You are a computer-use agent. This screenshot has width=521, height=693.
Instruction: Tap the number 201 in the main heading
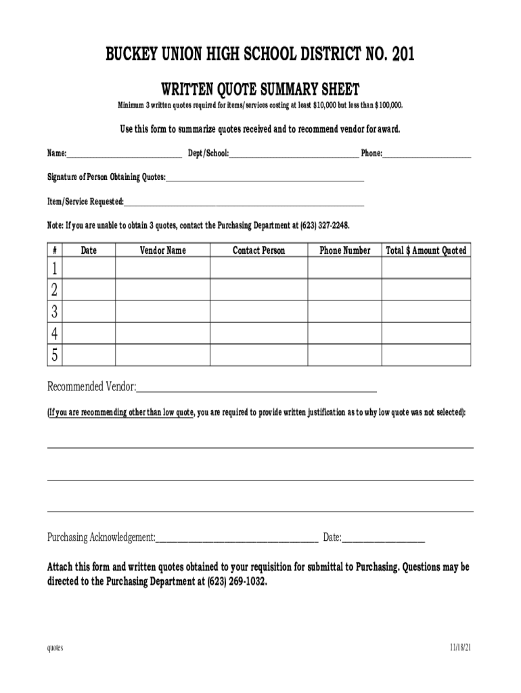tap(398, 55)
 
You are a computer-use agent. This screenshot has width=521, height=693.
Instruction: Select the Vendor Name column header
tap(162, 251)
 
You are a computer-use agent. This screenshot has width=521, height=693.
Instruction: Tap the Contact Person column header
tap(258, 251)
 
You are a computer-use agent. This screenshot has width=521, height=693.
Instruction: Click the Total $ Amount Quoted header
tap(426, 251)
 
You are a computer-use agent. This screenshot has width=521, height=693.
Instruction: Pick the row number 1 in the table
tap(53, 269)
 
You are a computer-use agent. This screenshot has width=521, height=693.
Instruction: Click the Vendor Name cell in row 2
tap(162, 290)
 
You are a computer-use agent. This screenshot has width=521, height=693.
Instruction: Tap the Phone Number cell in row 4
tap(344, 334)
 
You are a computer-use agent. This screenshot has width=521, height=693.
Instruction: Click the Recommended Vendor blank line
tap(256, 389)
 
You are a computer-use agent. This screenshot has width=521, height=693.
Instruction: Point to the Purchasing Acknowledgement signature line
tap(237, 539)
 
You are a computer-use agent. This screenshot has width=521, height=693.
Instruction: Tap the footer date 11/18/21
tap(459, 648)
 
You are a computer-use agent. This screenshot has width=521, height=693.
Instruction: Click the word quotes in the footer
tap(55, 648)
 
